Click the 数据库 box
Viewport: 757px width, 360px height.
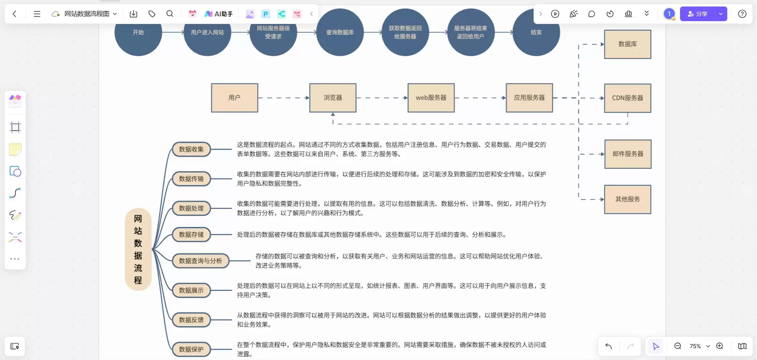tap(628, 44)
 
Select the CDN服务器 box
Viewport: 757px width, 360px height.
tap(628, 98)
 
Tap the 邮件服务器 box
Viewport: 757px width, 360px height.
tap(628, 154)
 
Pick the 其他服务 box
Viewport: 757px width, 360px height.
tap(628, 199)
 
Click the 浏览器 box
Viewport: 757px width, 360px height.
tap(333, 98)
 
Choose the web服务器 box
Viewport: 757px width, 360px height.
tap(431, 98)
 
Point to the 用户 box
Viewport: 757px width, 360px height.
tap(234, 98)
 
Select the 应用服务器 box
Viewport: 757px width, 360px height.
tap(529, 98)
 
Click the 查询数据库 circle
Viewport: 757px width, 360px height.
tap(340, 32)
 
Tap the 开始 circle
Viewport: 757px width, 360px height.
tap(138, 32)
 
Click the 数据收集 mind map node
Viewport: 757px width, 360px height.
tap(191, 149)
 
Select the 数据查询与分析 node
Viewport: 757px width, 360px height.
tap(201, 261)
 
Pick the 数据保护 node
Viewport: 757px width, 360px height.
tap(191, 349)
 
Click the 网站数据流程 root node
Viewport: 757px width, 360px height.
tap(138, 249)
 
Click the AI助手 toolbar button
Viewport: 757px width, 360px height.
tap(219, 14)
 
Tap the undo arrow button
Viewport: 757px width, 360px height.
tap(609, 346)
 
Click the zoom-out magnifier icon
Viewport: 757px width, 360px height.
tap(678, 346)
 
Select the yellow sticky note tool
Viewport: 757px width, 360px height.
tap(15, 149)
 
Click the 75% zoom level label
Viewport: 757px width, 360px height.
tap(695, 346)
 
